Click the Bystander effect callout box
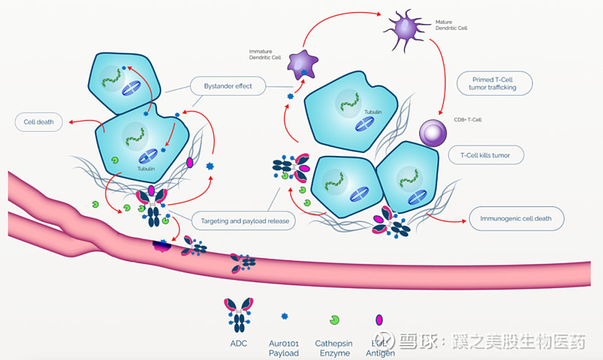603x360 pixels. click(x=228, y=87)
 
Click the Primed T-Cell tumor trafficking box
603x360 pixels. click(x=494, y=83)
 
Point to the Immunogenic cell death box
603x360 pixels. click(x=516, y=220)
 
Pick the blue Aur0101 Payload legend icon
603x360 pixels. click(x=284, y=317)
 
